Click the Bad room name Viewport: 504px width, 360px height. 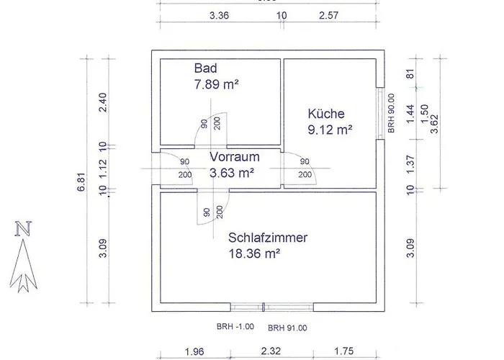pos(205,68)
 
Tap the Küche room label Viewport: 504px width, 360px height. pos(326,114)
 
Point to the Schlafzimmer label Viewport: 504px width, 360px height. pos(268,238)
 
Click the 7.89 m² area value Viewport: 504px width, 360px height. pos(216,85)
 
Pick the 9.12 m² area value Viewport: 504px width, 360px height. pos(330,130)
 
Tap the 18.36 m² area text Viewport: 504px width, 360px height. pos(253,253)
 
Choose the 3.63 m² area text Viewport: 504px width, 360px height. pos(233,173)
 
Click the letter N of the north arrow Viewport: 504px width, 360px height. pos(24,230)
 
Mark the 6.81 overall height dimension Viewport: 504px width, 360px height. pos(81,181)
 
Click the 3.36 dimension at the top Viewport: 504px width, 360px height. pos(219,15)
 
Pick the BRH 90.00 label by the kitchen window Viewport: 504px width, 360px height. pos(391,114)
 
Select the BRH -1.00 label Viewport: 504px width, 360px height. pos(235,327)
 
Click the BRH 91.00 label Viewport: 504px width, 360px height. pos(287,328)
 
